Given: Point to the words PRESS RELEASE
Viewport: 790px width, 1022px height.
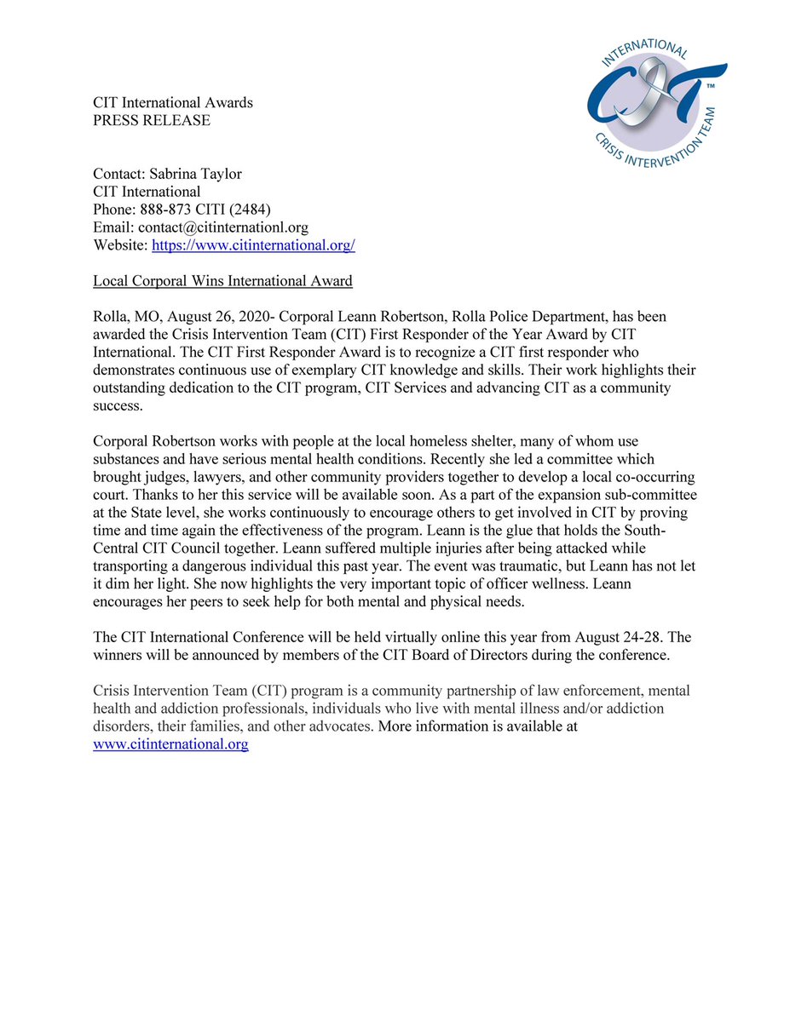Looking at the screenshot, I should click(151, 120).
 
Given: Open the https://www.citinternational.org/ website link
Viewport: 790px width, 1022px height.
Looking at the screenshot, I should click(253, 245).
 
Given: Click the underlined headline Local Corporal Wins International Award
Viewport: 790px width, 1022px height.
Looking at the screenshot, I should click(222, 281).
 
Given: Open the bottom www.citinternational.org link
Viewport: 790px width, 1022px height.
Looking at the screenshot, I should click(170, 744).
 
